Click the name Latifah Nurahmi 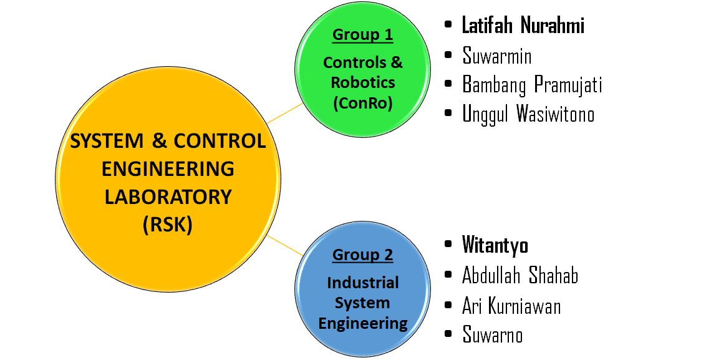pos(523,26)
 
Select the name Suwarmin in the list pos(497,56)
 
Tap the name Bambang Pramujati pos(532,85)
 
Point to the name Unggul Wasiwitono pos(528,114)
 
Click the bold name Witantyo pos(495,245)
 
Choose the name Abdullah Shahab pos(520,275)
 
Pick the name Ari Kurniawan pos(511,306)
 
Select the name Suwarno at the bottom pos(493,335)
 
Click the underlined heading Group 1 pos(362,34)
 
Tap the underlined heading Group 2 pos(362,255)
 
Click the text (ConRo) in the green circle pos(362,103)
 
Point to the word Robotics pos(362,82)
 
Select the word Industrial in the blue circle pos(362,283)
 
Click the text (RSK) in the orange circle pos(167,224)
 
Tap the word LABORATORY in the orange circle pos(167,197)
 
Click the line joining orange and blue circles pos(286,246)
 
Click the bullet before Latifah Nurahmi pos(448,26)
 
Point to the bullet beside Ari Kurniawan pos(448,306)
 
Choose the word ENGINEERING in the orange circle pos(167,168)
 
